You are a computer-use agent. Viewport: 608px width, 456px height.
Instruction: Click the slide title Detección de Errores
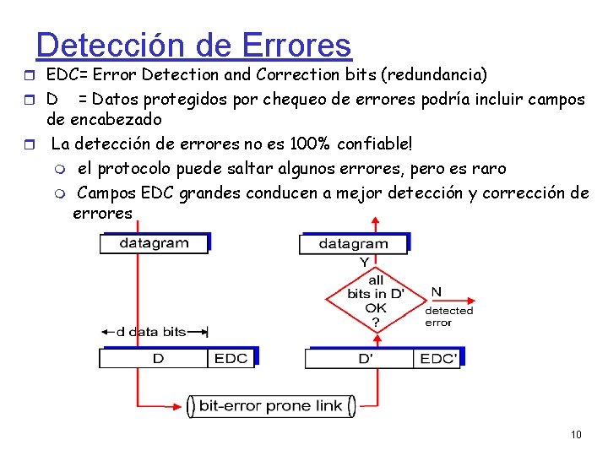click(193, 44)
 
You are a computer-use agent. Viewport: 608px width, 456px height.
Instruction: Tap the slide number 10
click(576, 435)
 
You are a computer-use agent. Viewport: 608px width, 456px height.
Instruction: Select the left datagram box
click(155, 243)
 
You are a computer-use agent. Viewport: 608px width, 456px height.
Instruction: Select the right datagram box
click(353, 244)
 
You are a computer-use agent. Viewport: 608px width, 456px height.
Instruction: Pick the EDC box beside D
click(231, 359)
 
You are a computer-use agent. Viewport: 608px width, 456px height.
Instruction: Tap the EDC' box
click(437, 359)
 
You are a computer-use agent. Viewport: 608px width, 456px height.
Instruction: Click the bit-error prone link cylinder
click(270, 406)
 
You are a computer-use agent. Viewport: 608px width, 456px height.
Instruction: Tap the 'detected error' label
click(448, 317)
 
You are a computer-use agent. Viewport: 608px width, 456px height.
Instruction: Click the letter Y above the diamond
click(365, 263)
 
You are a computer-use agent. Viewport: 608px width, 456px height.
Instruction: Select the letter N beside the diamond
click(436, 291)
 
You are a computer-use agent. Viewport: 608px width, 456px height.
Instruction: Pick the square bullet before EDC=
click(31, 75)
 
